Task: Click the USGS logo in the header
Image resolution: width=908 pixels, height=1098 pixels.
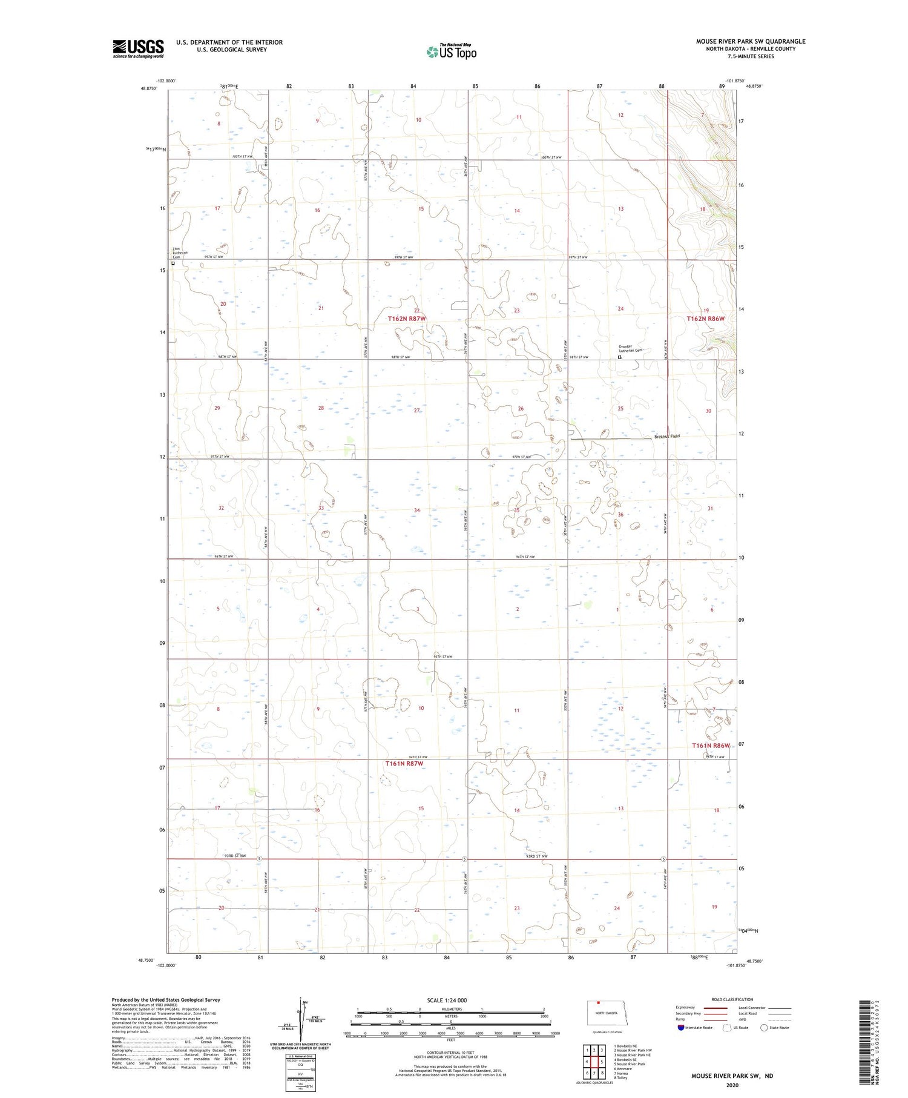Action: point(138,48)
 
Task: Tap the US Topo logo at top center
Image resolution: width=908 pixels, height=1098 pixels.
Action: point(452,52)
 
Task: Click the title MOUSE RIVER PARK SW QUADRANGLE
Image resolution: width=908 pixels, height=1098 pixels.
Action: point(750,42)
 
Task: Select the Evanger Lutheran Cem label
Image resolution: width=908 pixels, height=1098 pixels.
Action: point(630,350)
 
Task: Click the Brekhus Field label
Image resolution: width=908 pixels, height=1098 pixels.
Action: point(666,437)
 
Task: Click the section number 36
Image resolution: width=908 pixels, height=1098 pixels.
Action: point(620,515)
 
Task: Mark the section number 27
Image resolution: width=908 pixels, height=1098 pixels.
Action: point(416,411)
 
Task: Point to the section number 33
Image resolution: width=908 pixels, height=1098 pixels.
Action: point(321,508)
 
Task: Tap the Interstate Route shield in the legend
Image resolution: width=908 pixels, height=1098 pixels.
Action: point(681,1028)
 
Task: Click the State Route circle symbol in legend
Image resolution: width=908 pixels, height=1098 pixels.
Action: point(764,1028)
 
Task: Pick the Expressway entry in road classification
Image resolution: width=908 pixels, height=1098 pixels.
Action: point(686,1008)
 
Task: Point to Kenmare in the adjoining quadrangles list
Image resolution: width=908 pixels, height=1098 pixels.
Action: point(623,1068)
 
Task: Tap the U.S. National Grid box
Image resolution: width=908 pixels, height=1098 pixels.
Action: point(300,1073)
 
